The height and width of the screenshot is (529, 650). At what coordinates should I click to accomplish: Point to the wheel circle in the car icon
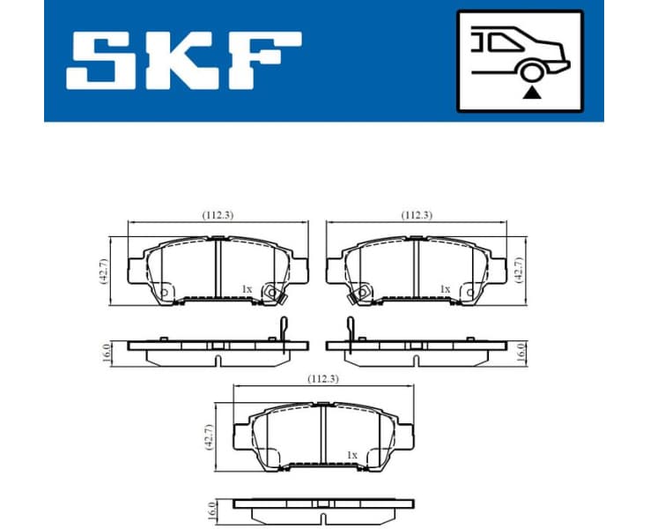pos(529,71)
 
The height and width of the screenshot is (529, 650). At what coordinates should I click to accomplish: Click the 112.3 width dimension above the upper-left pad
pos(216,214)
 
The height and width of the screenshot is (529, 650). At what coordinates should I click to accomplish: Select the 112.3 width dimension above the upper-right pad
pos(416,214)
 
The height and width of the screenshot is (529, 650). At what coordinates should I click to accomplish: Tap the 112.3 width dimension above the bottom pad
pos(322,378)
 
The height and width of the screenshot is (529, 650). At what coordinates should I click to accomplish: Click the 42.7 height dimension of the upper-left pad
pos(104,270)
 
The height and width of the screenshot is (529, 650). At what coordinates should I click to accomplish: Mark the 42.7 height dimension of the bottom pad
pos(209,437)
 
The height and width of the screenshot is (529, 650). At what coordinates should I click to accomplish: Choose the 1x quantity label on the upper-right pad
pos(445,288)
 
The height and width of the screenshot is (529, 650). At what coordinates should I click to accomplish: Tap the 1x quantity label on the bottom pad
pos(351,455)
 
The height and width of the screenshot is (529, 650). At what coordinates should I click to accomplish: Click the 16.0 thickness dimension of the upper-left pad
pos(106,353)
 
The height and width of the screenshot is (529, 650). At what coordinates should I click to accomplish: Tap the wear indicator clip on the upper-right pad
pos(350,329)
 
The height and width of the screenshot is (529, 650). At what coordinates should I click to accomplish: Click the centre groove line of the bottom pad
pos(322,436)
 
